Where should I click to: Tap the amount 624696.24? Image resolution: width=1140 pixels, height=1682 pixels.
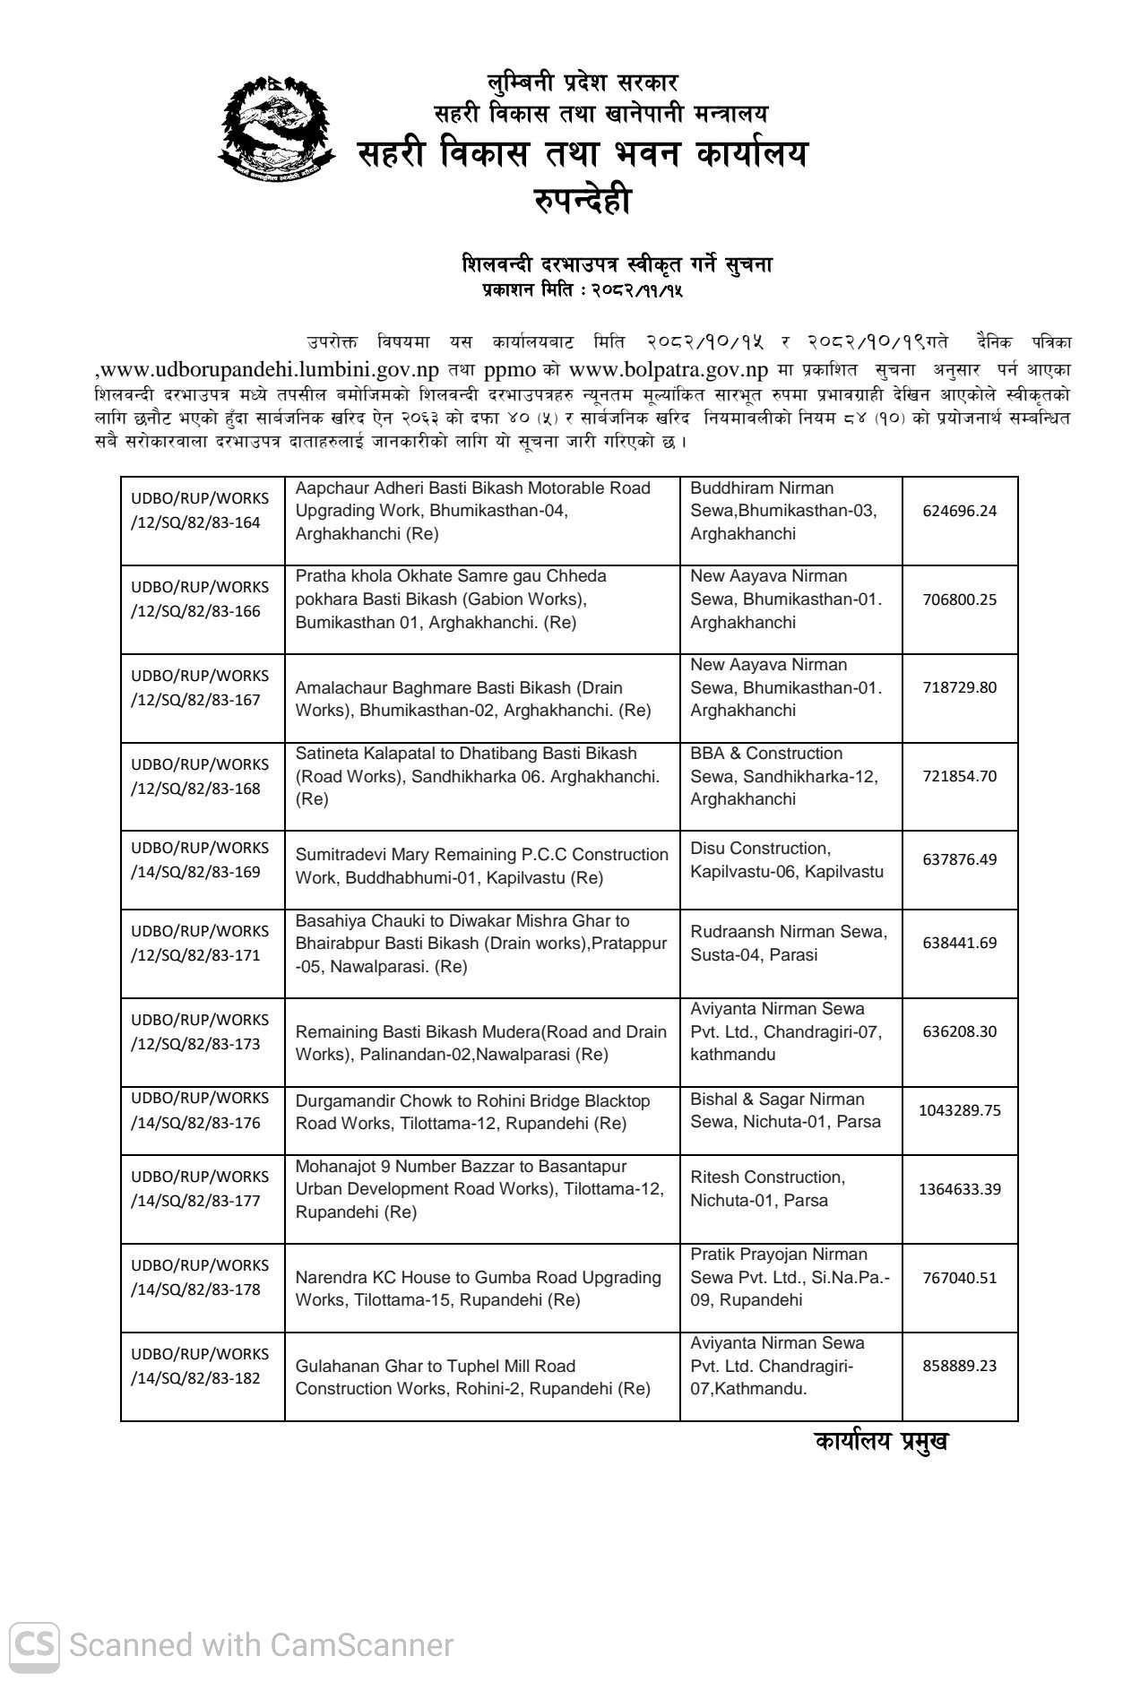(959, 511)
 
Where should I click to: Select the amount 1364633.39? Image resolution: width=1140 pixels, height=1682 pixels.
(959, 1189)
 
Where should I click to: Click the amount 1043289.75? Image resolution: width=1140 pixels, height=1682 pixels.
(959, 1110)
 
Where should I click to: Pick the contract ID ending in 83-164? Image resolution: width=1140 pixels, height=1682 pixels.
(200, 511)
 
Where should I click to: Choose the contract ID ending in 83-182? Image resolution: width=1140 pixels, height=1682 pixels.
(200, 1366)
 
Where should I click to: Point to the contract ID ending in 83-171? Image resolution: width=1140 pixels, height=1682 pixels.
(200, 943)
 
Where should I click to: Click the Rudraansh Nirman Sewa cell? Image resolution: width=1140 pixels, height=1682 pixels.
(788, 943)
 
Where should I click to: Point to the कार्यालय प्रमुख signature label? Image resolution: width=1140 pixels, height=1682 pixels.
(881, 1442)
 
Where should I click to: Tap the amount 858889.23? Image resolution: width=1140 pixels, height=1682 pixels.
(959, 1366)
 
